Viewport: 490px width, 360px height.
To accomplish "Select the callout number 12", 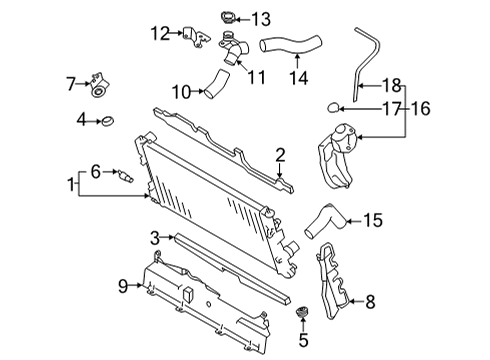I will pos(161,33).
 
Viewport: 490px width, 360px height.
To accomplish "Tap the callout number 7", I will pos(71,83).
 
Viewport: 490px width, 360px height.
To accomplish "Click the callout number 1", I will pos(71,185).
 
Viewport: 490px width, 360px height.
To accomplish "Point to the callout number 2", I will pos(281,153).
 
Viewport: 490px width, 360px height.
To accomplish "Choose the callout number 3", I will pos(155,237).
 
